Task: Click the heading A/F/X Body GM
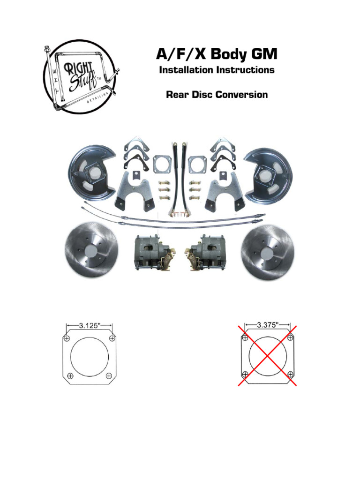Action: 217,55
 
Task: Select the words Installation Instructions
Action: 217,70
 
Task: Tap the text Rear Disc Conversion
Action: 217,95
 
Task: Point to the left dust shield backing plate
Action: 91,173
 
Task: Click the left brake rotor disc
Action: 91,253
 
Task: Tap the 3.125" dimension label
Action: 90,324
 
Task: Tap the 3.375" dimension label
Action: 268,324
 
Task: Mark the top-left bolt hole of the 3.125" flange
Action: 67,338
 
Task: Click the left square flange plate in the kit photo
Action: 162,165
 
